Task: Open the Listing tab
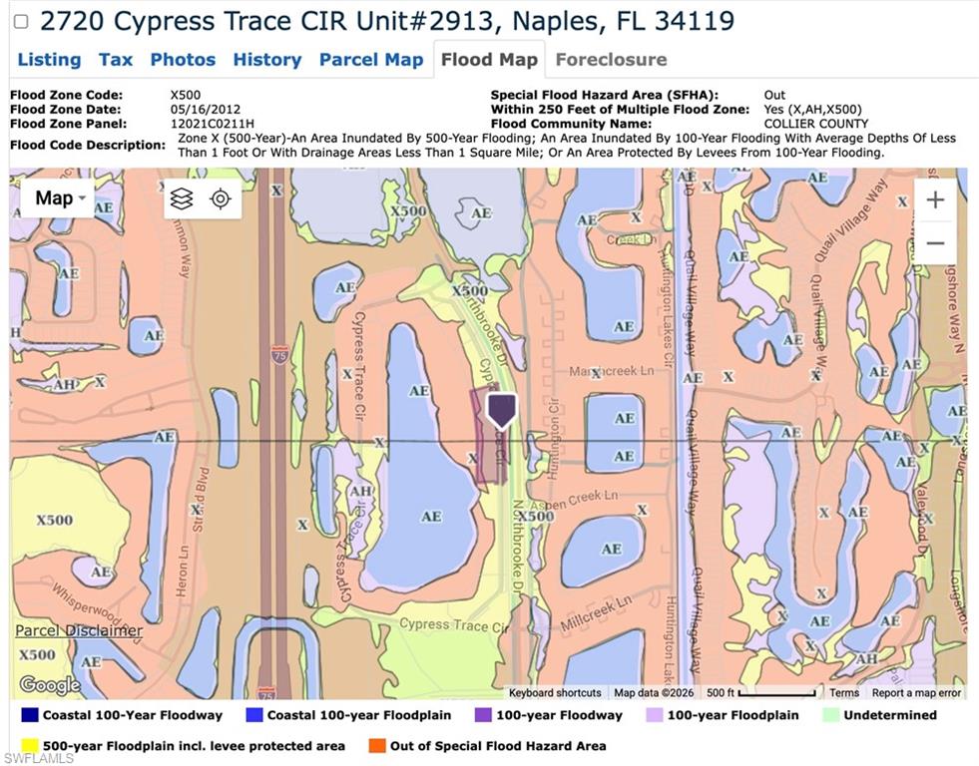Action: click(49, 60)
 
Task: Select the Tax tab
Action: click(115, 60)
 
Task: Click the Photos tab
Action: click(183, 60)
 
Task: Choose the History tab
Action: click(266, 60)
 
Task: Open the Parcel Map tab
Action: click(371, 60)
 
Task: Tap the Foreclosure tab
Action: click(611, 60)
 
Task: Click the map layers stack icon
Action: click(182, 198)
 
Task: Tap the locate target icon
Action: click(221, 198)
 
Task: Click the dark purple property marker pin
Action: click(501, 409)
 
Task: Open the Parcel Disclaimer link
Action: click(79, 630)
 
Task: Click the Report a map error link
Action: click(916, 693)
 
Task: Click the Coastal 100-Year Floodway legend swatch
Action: click(30, 715)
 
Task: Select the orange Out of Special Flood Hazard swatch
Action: click(377, 745)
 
